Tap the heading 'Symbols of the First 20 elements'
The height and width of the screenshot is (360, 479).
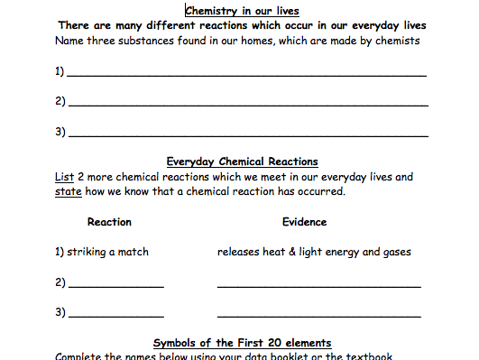(x=242, y=343)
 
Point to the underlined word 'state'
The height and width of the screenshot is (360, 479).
(x=68, y=191)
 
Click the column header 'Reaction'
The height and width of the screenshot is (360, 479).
(x=109, y=222)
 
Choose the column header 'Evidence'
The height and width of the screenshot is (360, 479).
(x=304, y=222)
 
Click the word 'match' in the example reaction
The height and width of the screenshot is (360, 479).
(x=133, y=253)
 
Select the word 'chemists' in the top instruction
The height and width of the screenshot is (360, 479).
(x=398, y=41)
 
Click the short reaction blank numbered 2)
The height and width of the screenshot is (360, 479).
(x=116, y=286)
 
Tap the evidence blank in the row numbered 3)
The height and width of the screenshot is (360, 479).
(x=318, y=316)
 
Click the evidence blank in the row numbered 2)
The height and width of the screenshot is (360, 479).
(x=318, y=286)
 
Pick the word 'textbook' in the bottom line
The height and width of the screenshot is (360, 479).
(x=370, y=355)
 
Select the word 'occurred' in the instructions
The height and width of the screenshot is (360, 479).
(x=321, y=191)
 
